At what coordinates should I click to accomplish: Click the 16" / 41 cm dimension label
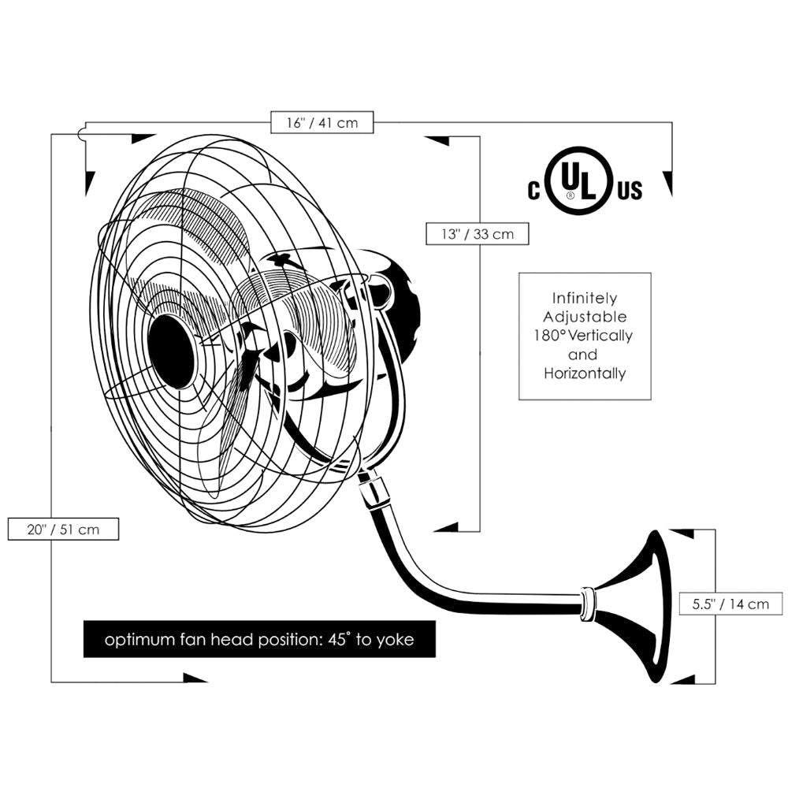point(321,123)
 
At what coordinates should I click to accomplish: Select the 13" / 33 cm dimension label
point(477,234)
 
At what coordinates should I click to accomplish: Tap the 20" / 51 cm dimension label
point(63,529)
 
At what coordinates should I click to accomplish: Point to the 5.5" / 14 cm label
point(730,604)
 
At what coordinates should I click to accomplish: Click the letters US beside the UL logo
point(630,190)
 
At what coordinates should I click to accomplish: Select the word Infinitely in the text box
point(585,299)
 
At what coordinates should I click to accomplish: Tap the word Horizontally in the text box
point(585,374)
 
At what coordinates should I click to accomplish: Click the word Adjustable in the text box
point(585,318)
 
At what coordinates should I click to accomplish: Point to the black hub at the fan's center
point(171,351)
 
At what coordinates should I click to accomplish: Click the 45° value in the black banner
point(334,640)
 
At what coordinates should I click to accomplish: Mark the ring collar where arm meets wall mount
point(586,604)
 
